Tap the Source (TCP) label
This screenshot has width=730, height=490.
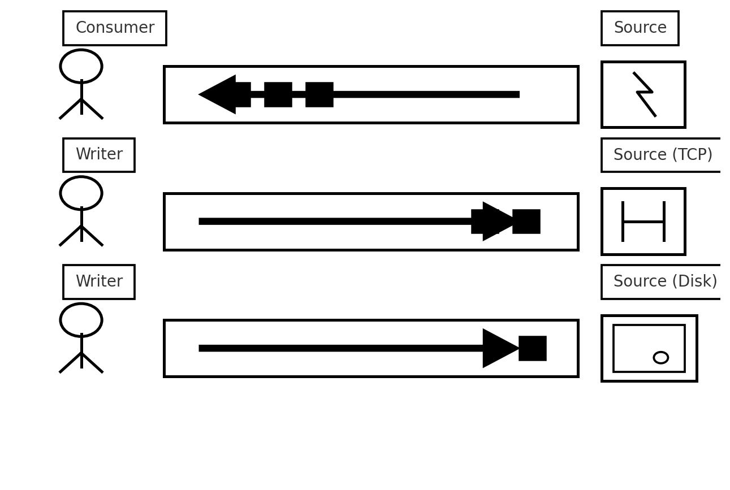(663, 154)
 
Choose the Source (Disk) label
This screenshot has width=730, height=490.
(665, 281)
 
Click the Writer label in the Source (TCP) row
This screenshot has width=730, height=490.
(99, 154)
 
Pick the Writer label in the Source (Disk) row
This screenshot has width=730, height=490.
(99, 281)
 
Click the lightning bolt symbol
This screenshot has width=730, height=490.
(645, 94)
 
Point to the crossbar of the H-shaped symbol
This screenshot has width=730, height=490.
(643, 222)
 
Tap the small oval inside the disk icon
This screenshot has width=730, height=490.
(661, 358)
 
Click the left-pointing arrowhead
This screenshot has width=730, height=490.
(217, 94)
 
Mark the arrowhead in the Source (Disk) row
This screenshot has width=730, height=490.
(501, 348)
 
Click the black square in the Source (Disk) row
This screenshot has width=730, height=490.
(533, 348)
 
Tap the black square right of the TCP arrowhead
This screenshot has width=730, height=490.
(526, 222)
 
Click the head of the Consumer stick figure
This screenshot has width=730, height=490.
(81, 67)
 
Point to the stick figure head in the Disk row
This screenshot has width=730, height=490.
(81, 320)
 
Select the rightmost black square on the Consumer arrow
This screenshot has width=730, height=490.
(319, 94)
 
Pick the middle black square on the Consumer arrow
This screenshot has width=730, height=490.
(278, 94)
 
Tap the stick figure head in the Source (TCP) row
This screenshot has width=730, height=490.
(81, 193)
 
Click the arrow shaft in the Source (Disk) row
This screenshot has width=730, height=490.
(341, 348)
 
